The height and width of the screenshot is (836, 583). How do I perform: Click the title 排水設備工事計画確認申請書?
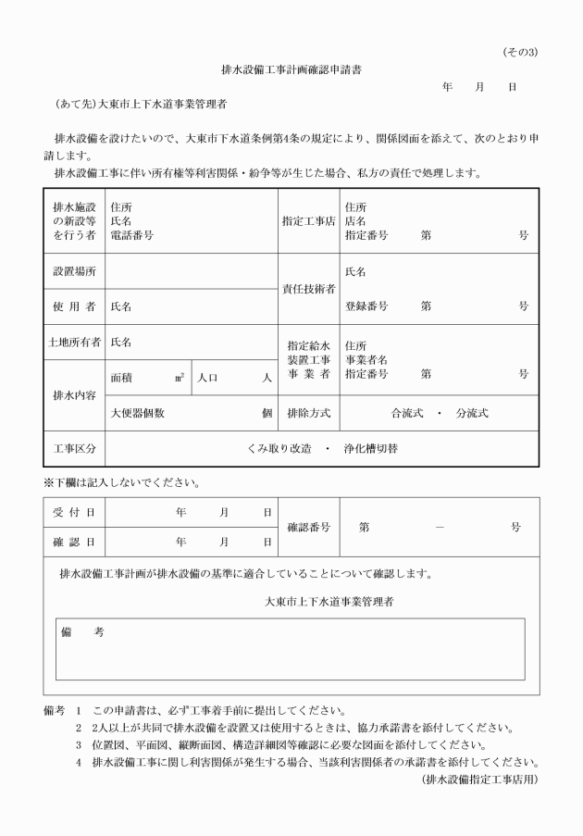(x=291, y=69)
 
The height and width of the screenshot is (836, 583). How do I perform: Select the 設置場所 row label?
(x=74, y=272)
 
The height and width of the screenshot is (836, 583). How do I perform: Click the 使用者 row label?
(x=74, y=306)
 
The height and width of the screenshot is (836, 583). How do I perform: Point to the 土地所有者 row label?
(x=74, y=342)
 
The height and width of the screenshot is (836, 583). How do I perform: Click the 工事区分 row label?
(x=74, y=448)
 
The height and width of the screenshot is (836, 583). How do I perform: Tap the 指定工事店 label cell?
(x=309, y=221)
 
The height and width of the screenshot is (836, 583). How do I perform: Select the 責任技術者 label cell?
(x=309, y=289)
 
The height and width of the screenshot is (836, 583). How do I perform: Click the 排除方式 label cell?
(x=309, y=413)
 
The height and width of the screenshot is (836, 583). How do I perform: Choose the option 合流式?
(x=408, y=413)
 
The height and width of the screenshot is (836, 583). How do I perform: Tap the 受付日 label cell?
(x=74, y=511)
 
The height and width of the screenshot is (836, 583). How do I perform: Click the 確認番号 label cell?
(x=309, y=527)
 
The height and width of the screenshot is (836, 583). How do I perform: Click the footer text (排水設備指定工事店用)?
(x=479, y=779)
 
